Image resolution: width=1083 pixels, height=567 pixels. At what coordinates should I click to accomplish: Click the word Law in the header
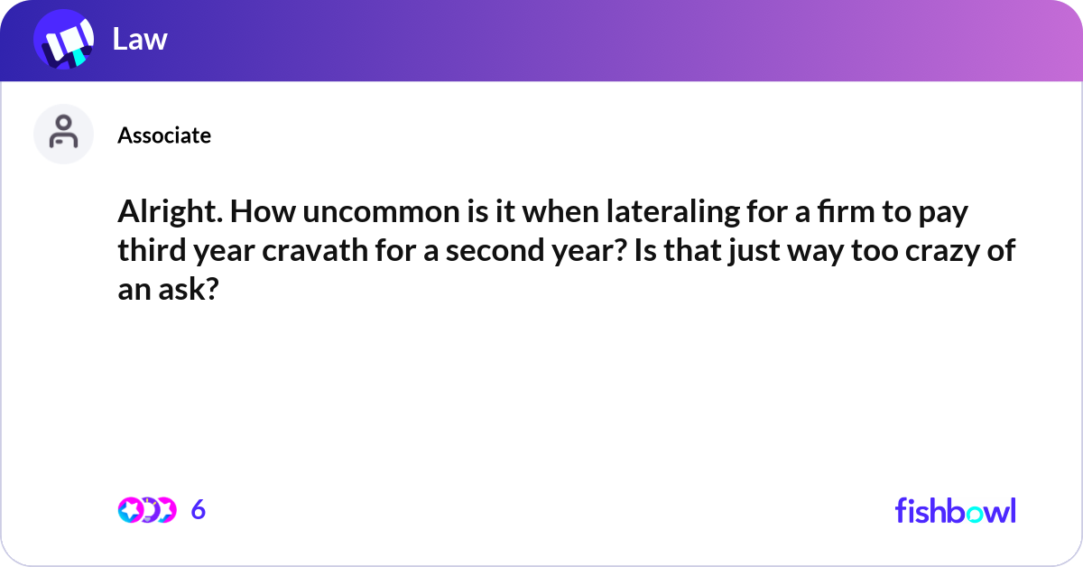140,39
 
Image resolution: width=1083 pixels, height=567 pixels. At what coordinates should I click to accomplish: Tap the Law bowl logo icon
64,39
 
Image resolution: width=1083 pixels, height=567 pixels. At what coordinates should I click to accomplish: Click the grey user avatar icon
63,134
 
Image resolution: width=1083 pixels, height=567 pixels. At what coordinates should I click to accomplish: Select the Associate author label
164,135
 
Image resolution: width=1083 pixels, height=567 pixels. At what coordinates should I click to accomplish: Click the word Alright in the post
171,212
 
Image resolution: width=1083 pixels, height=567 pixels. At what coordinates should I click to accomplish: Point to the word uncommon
381,212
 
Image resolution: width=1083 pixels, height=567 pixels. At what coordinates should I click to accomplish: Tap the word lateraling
673,212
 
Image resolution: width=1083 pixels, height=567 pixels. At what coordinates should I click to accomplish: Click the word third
152,250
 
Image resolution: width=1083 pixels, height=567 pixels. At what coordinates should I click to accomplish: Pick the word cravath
315,250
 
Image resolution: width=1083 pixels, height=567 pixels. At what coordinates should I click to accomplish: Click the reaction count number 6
199,509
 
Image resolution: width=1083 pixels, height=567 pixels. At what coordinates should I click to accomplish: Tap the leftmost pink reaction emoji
130,510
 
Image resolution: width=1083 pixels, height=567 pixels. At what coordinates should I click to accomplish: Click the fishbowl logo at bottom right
956,510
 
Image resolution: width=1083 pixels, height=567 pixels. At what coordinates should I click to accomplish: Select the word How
263,212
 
